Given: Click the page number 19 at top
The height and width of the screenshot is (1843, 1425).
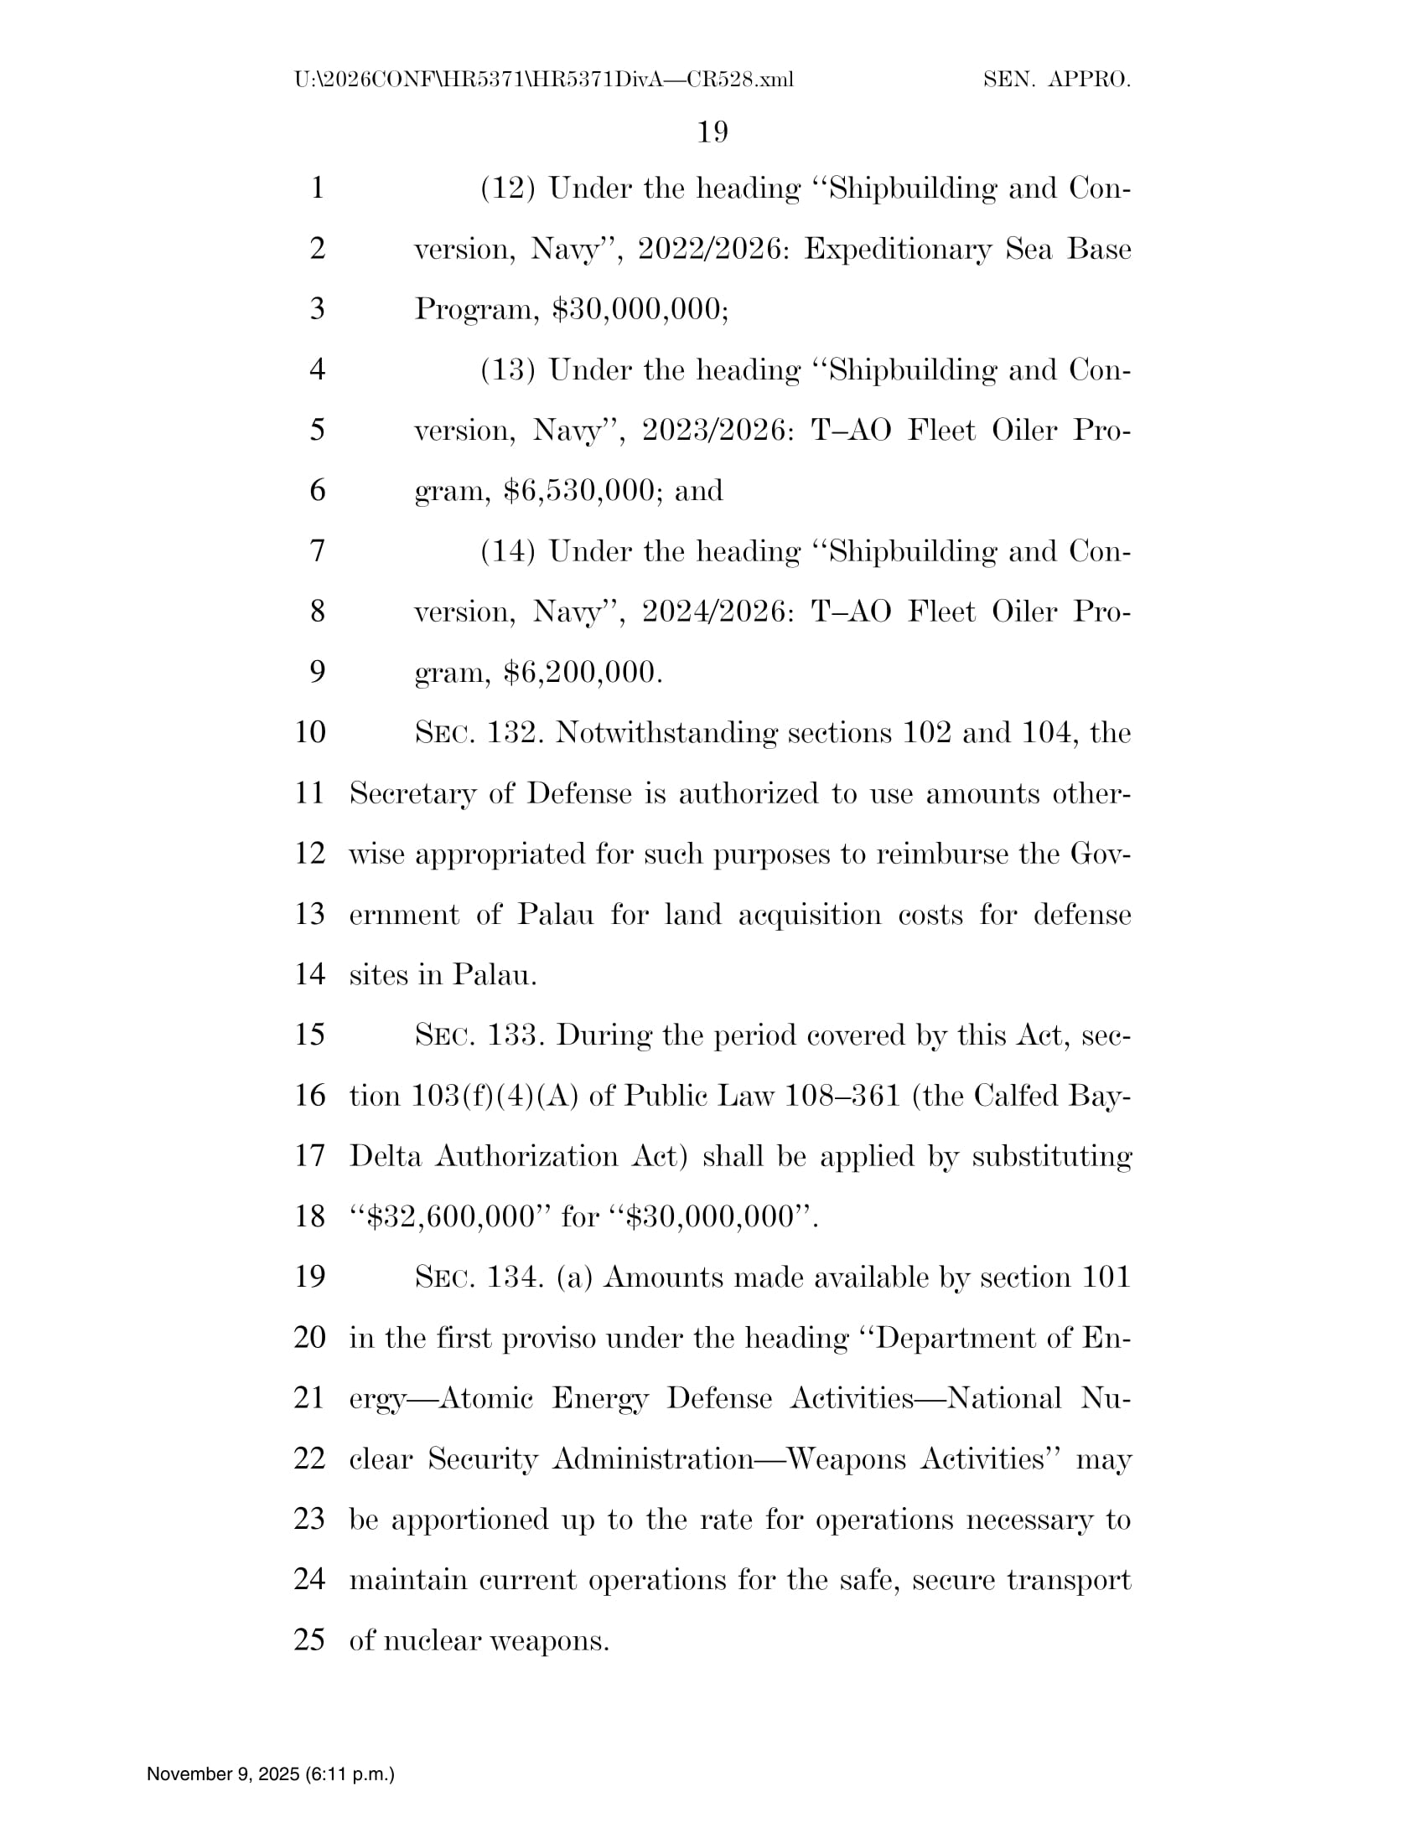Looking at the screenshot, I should [x=712, y=132].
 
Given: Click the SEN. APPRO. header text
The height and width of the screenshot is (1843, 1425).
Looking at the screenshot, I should [x=1056, y=80].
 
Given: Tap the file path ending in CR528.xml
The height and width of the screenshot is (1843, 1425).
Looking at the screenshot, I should [x=544, y=80].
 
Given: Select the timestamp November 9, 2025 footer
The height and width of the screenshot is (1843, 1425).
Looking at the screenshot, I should [x=270, y=1773].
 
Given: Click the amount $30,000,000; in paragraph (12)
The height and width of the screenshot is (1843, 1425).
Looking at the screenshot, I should [x=640, y=310].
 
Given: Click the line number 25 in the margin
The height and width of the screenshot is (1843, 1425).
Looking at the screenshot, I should [x=310, y=1639].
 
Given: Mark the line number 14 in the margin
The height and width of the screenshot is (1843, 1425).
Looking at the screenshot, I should [x=310, y=974].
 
